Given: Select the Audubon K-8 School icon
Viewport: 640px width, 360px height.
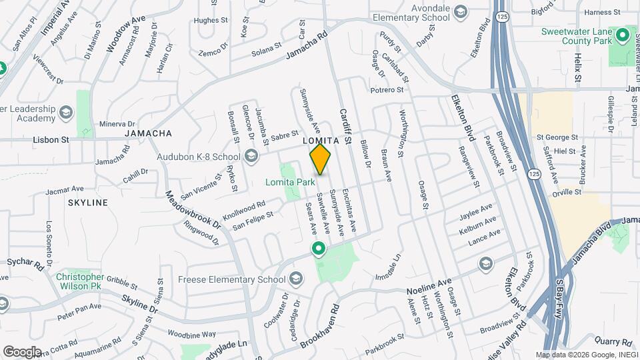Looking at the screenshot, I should coord(251,157).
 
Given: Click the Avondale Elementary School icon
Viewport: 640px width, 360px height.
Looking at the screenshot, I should coord(461,12).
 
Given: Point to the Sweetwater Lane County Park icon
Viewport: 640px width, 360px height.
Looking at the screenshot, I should coord(624,34).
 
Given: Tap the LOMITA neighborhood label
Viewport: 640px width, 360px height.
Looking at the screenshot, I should coord(326,141).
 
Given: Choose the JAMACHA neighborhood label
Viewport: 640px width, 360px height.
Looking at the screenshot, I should coord(148,133).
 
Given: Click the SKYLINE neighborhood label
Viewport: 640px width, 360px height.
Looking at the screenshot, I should coord(87,202).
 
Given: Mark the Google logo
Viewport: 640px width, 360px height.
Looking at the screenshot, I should coord(21,351).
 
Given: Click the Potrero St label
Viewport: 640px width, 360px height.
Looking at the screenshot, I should coord(387,89).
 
